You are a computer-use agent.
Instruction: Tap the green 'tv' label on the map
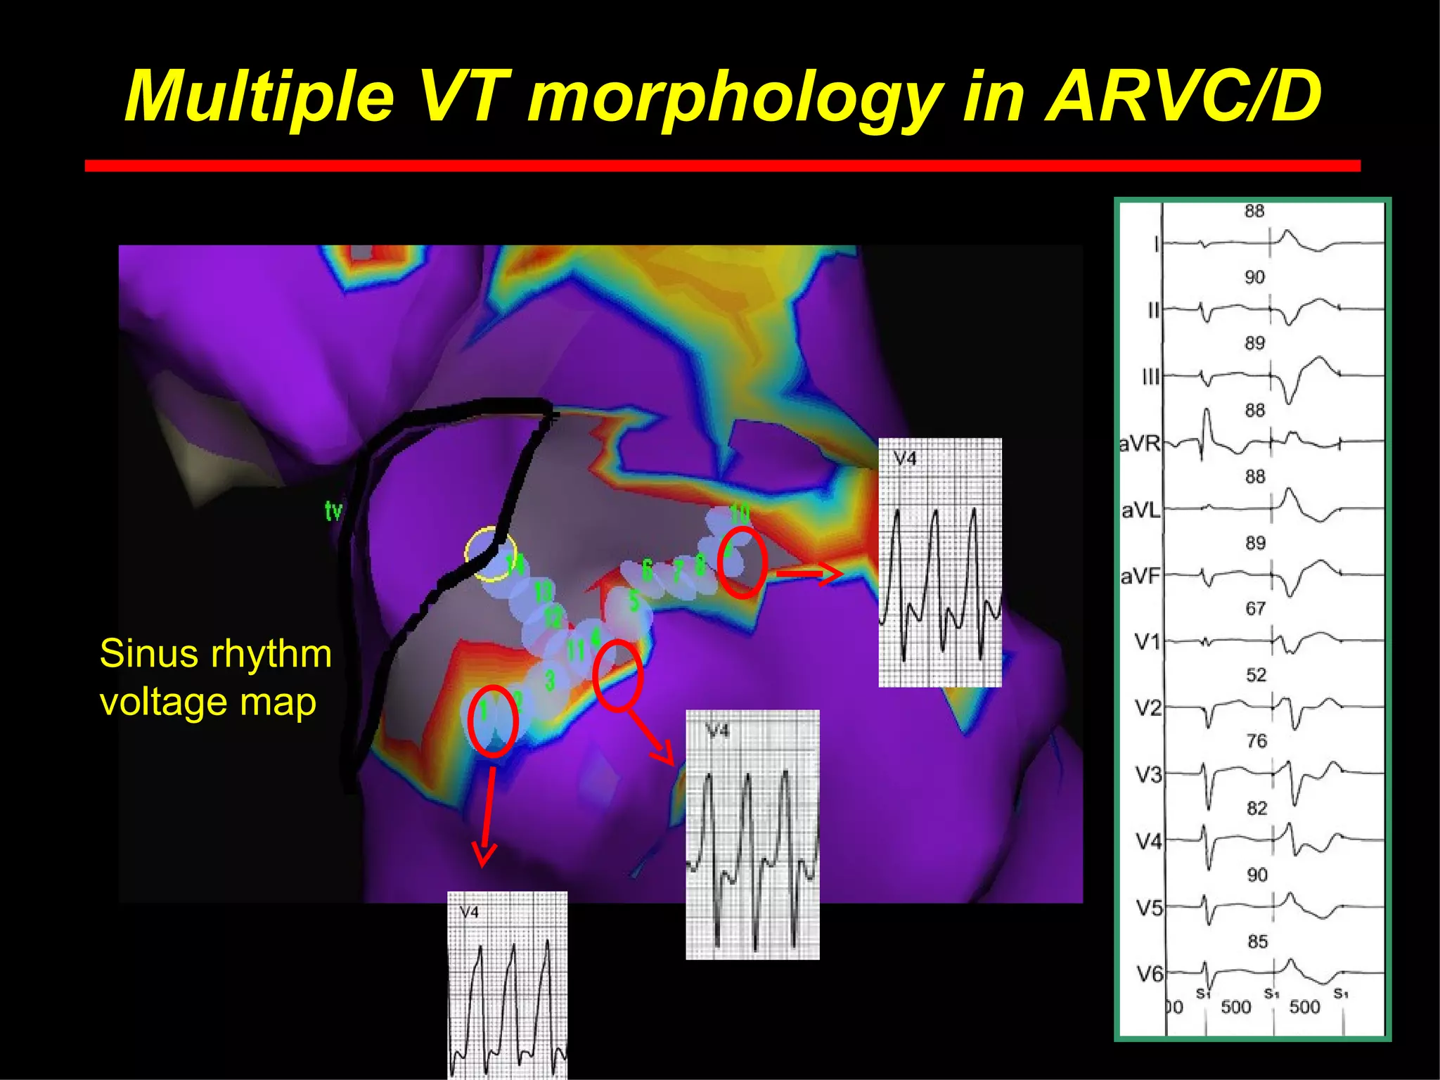coord(334,510)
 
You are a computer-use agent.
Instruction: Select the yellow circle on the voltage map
coord(491,553)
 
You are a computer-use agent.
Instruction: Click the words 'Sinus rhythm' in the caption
coord(215,654)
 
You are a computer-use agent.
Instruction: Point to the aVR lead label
coord(1139,444)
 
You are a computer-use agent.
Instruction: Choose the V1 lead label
coord(1147,641)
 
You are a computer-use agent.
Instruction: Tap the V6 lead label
coord(1150,974)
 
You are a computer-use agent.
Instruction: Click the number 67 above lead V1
coord(1256,609)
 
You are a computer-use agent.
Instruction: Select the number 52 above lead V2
coord(1256,675)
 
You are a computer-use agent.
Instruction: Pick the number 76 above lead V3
coord(1256,741)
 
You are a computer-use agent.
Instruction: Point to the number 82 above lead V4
coord(1256,808)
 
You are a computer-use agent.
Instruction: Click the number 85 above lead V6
coord(1257,941)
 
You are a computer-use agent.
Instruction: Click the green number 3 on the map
coord(550,680)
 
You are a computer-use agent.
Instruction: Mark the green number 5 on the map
coord(634,601)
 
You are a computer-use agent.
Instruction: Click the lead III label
coord(1150,378)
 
